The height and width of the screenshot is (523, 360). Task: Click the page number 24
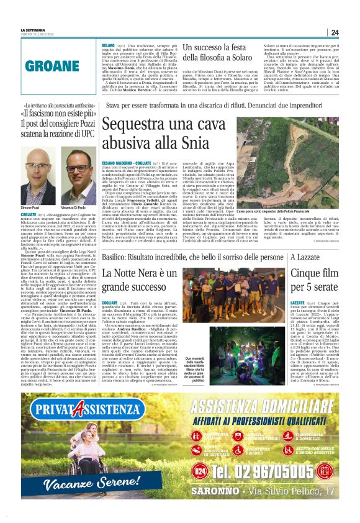[x=335, y=33]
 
